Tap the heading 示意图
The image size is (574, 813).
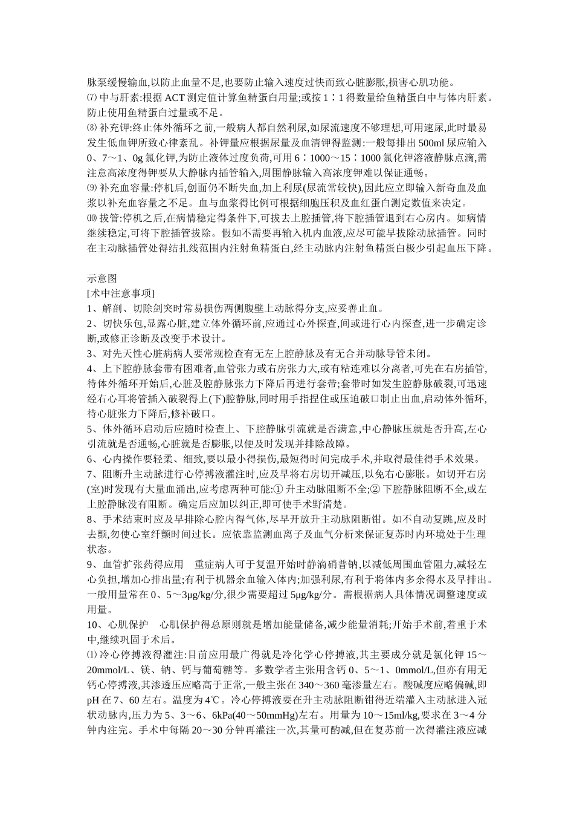click(x=102, y=279)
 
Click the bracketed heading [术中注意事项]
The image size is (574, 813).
click(x=120, y=293)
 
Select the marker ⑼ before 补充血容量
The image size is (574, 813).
click(x=92, y=188)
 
